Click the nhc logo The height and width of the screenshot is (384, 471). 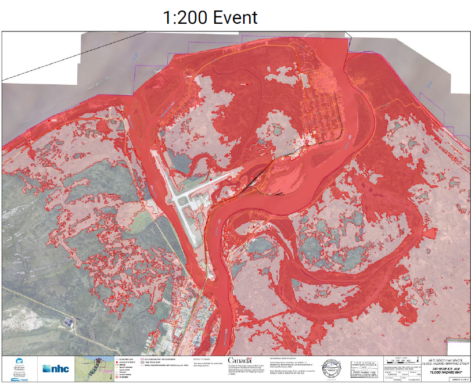56,368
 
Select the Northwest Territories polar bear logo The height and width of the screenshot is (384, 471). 19,367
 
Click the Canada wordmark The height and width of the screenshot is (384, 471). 240,361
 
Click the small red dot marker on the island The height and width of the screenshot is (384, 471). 247,84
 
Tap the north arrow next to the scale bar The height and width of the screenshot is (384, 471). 416,360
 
